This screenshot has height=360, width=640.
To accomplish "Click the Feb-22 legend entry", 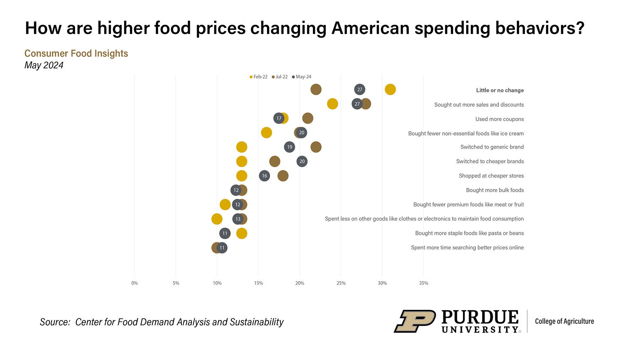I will [259, 77].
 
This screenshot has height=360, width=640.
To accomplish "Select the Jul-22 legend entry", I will [280, 77].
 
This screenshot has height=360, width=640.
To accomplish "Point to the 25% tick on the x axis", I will [341, 283].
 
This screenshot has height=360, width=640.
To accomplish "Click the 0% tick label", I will [134, 283].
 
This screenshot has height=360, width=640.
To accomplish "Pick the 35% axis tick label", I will [423, 283].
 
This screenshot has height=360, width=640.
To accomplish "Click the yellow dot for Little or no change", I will [390, 90].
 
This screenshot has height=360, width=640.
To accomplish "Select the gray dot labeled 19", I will [289, 147].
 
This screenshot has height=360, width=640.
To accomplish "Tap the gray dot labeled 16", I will [265, 176].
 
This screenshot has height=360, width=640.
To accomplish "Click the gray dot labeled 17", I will [279, 118].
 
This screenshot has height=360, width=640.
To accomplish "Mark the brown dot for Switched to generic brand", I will [316, 147].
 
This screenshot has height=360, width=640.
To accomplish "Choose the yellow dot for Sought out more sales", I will [332, 104].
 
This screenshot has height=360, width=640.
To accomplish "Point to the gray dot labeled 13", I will [238, 219].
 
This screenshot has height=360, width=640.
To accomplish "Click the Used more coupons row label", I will [499, 119].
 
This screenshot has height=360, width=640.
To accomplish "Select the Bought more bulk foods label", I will [495, 190].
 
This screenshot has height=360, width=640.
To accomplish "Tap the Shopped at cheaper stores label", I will [491, 176].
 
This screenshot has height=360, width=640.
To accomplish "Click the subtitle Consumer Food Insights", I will [76, 53].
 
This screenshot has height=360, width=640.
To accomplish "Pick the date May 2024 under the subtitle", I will [44, 65].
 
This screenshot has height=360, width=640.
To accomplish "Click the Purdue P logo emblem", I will [415, 321].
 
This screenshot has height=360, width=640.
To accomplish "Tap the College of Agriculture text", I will [564, 321].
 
